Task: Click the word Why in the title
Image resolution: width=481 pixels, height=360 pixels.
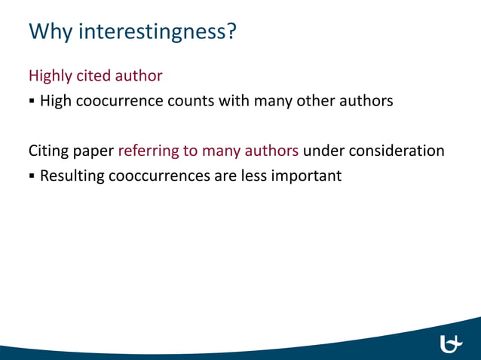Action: [x=51, y=32]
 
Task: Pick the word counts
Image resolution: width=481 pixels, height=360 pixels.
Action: [x=190, y=100]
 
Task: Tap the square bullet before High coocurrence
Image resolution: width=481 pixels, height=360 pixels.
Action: [x=32, y=101]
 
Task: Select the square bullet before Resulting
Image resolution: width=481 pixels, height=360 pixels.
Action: [x=32, y=177]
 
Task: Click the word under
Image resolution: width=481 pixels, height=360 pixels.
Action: [x=324, y=151]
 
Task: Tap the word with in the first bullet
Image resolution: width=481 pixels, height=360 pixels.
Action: [x=231, y=100]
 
